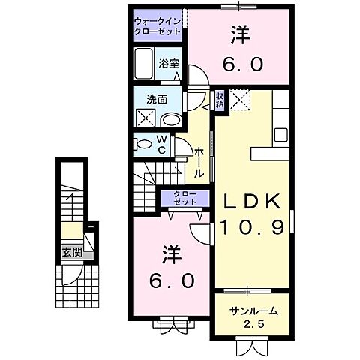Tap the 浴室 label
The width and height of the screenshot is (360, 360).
coord(168,64)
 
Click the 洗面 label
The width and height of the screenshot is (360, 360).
coord(156,98)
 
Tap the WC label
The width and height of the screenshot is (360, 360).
coord(161,144)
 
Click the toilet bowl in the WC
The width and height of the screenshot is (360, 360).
coord(142,143)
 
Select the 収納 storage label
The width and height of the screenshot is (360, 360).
coord(219,99)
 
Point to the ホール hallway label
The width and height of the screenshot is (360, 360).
coord(199,162)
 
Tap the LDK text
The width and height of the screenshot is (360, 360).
coord(251,200)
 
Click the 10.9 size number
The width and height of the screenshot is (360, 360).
coord(252,226)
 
